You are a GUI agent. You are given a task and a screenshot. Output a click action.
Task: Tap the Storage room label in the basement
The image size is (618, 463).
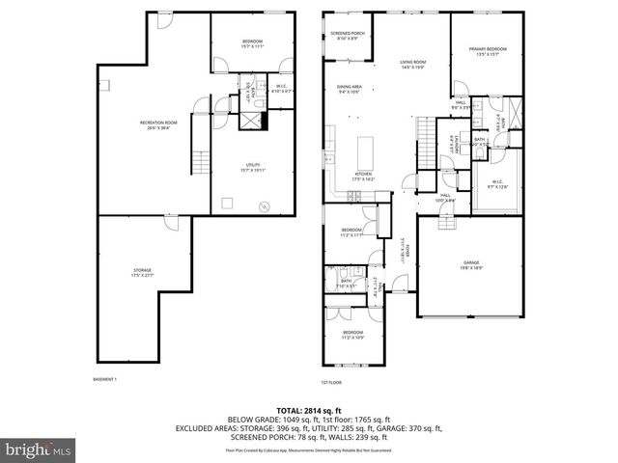[x=142, y=272]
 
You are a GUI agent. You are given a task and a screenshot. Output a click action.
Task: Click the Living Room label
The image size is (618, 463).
[x=413, y=65]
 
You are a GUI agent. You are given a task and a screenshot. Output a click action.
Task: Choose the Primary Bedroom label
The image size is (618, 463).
[x=489, y=51]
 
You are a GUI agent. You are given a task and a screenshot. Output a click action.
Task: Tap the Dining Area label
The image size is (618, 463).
[x=349, y=90]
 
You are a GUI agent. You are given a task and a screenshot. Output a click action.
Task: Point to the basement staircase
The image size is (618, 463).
[x=200, y=162]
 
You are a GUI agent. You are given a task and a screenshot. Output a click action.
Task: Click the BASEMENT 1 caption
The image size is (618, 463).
[x=103, y=379]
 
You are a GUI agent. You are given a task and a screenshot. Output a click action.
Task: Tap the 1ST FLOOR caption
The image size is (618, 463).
[x=332, y=381]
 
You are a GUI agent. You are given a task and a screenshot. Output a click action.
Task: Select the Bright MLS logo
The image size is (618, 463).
[x=40, y=449]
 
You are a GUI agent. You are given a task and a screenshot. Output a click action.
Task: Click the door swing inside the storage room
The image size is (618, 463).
[x=170, y=223]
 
